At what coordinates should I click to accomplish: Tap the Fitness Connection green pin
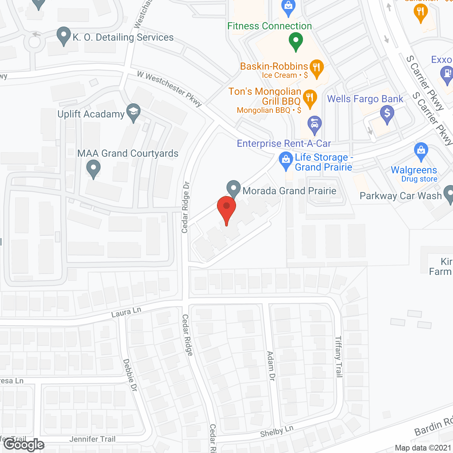(x=296, y=41)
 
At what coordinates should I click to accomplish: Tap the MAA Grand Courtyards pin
(x=93, y=169)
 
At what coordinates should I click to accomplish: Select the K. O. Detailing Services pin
(x=64, y=36)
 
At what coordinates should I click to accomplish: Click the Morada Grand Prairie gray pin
(x=234, y=189)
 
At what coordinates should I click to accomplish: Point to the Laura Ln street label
(x=126, y=312)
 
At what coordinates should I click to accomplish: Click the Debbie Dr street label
(x=130, y=375)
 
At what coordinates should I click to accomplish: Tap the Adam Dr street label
(x=271, y=366)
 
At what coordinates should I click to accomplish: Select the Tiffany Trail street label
(x=339, y=356)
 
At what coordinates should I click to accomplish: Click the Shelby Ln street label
(x=277, y=431)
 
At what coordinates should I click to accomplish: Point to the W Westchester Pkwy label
(x=169, y=88)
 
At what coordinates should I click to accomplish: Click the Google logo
(x=24, y=445)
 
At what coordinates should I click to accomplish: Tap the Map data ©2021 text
(x=423, y=448)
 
